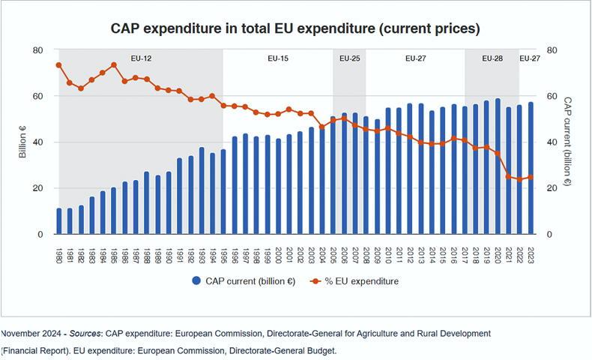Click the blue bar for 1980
click(59, 221)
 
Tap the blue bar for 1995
click(223, 192)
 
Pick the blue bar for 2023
click(531, 169)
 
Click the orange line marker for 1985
click(114, 64)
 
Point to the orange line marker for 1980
click(59, 65)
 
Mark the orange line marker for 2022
click(519, 179)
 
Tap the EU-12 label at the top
click(141, 58)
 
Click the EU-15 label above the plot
click(278, 58)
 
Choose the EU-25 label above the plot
click(350, 58)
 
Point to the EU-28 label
click(492, 58)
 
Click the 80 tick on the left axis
click(37, 50)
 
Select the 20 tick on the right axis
click(553, 188)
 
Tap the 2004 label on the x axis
click(322, 253)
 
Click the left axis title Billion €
click(22, 142)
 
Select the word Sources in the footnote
click(85, 332)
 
